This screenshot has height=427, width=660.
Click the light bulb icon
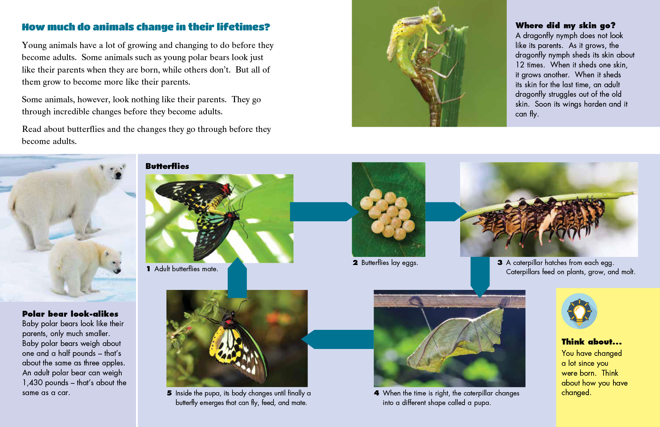click(579, 311)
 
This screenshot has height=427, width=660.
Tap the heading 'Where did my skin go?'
click(565, 25)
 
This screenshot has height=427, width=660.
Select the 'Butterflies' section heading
click(167, 166)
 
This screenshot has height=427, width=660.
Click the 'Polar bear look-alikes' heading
click(70, 314)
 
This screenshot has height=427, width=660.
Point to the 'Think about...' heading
click(591, 342)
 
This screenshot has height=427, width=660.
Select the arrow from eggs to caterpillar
click(446, 211)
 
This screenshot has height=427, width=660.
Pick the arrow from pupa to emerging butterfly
click(337, 339)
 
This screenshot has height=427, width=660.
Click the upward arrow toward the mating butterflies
click(237, 277)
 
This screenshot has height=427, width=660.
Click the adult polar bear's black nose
click(118, 175)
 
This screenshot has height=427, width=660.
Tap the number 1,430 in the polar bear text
click(34, 383)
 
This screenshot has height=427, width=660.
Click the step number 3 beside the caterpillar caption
click(500, 262)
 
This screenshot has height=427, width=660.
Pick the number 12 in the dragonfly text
click(520, 65)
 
